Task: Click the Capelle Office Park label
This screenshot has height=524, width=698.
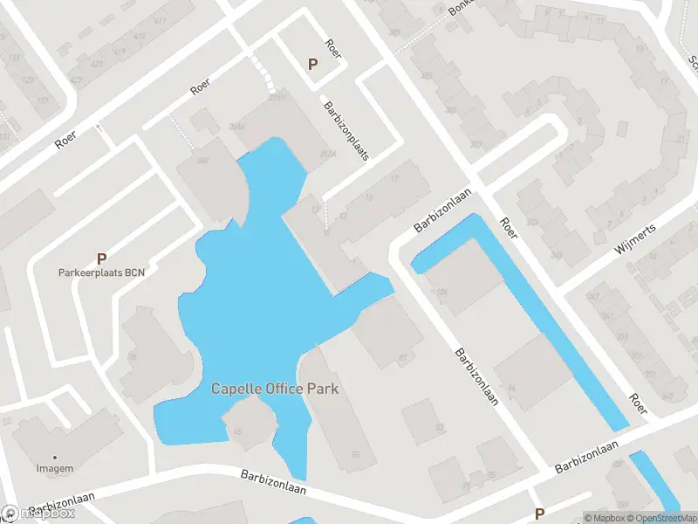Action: click(x=274, y=389)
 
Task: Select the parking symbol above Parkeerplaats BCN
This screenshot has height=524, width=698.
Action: click(x=101, y=259)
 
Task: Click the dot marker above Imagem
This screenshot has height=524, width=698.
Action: click(x=56, y=457)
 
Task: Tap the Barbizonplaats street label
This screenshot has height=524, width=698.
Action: click(x=346, y=131)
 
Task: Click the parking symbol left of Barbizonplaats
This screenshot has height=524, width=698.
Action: click(x=312, y=63)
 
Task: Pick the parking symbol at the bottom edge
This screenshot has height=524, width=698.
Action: click(x=539, y=514)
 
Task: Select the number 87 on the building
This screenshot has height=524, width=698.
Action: click(x=403, y=356)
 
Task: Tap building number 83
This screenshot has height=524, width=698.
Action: click(x=439, y=427)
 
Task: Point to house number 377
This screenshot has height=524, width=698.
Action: click(x=476, y=144)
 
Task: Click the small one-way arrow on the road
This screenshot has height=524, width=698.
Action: click(x=102, y=129)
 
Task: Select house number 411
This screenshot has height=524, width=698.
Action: click(x=161, y=20)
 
